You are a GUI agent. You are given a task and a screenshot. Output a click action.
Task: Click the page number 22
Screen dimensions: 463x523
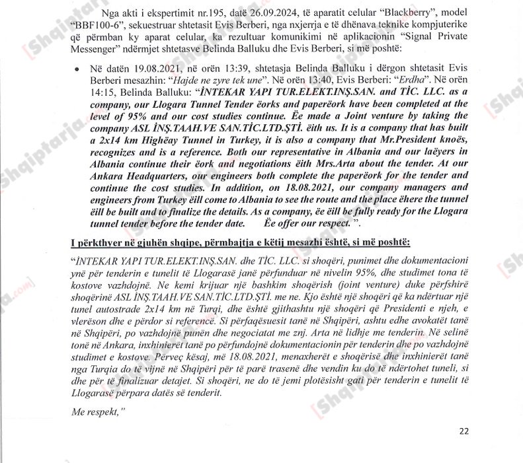[464, 431]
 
